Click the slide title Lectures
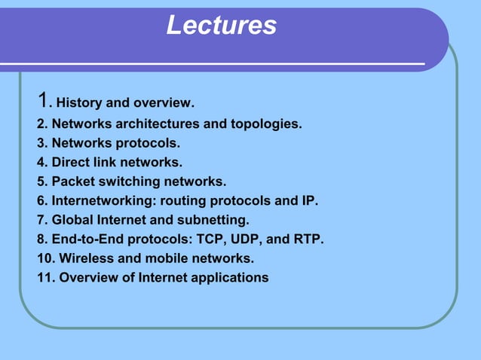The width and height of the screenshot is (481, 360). click(221, 26)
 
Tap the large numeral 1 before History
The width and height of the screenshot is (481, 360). click(44, 99)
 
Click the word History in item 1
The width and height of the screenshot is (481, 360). click(80, 102)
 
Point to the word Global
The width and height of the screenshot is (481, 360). click(72, 221)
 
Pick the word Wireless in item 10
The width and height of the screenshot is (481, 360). click(87, 259)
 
